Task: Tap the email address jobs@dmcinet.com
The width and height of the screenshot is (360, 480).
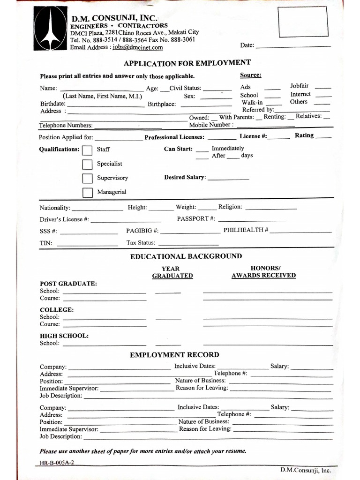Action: click(x=137, y=47)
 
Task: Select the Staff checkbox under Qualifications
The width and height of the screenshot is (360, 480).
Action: click(x=87, y=150)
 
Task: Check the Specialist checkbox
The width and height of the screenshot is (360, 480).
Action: click(x=87, y=164)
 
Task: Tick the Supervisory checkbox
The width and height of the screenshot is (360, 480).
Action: click(x=87, y=178)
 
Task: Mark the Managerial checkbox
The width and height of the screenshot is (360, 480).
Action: click(x=87, y=192)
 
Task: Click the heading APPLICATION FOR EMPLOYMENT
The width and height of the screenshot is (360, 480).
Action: click(x=187, y=63)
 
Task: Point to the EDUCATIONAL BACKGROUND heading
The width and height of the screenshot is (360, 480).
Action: click(x=186, y=256)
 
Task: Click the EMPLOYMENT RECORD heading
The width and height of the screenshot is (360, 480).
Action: click(x=174, y=355)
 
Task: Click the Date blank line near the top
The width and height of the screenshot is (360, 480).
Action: click(x=293, y=46)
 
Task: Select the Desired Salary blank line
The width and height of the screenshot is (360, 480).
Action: click(x=228, y=179)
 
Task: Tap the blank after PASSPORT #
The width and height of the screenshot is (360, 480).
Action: click(x=252, y=220)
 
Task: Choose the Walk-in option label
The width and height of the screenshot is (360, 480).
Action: click(x=252, y=102)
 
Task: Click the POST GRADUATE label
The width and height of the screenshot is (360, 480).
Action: click(x=68, y=284)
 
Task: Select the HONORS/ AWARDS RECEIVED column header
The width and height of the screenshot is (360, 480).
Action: click(x=263, y=272)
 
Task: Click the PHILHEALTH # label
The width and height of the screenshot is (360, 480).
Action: click(x=246, y=230)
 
